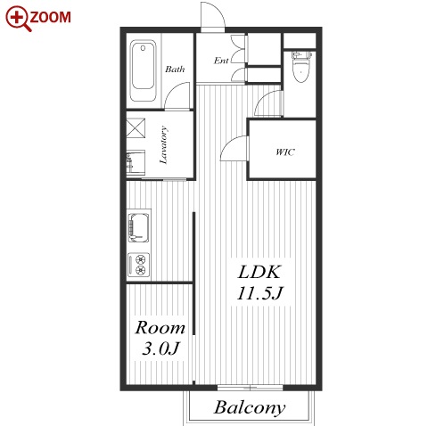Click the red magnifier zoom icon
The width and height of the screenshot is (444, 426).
(x=18, y=18)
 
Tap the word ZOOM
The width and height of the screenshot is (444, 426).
(x=51, y=17)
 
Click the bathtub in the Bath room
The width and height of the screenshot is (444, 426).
(x=143, y=70)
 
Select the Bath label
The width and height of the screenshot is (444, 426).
(x=175, y=70)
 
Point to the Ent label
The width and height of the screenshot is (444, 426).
(x=221, y=61)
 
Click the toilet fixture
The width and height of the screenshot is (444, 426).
(x=301, y=67)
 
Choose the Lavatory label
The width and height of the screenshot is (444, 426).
(x=163, y=145)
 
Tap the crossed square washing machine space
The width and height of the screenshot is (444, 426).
(x=136, y=127)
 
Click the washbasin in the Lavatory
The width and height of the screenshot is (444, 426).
(x=136, y=163)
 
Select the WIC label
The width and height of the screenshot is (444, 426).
(x=285, y=152)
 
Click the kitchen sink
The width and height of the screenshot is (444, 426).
(x=138, y=227)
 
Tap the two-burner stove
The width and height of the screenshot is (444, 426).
(x=138, y=265)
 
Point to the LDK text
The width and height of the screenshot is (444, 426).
(x=259, y=272)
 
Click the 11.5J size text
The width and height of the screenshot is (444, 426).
(x=260, y=293)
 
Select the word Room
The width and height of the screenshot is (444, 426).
(x=160, y=328)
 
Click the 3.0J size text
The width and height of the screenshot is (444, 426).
(x=160, y=348)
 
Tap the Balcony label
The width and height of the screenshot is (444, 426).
(x=250, y=407)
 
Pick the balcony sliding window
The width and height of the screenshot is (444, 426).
(x=250, y=388)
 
